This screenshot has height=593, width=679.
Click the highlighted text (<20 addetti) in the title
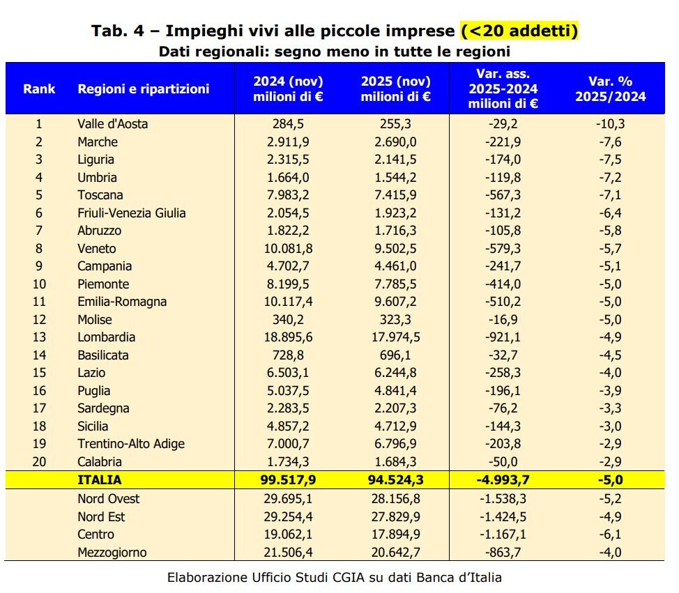pyautogui.click(x=519, y=31)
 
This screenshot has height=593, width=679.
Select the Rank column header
pyautogui.click(x=39, y=89)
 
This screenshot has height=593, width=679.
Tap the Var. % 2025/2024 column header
pyautogui.click(x=610, y=89)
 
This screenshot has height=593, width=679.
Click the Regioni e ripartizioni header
pyautogui.click(x=143, y=89)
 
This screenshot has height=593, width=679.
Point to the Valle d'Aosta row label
pyautogui.click(x=112, y=124)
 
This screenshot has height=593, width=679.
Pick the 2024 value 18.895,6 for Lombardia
pyautogui.click(x=288, y=337)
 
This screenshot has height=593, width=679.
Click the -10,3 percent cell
pyautogui.click(x=610, y=124)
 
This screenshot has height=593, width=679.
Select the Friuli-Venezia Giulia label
pyautogui.click(x=131, y=213)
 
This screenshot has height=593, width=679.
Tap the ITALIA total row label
pyautogui.click(x=99, y=479)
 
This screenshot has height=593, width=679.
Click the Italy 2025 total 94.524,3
pyautogui.click(x=395, y=479)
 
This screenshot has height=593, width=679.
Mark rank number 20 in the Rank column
pyautogui.click(x=39, y=461)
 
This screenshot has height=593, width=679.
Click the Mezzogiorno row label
pyautogui.click(x=112, y=552)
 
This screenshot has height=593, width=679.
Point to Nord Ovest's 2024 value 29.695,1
pyautogui.click(x=288, y=499)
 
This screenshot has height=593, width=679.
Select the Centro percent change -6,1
pyautogui.click(x=610, y=534)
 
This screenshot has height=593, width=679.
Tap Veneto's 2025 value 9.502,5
pyautogui.click(x=395, y=249)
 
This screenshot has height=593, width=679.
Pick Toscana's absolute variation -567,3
pyautogui.click(x=503, y=195)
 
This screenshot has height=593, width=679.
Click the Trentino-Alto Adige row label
pyautogui.click(x=131, y=444)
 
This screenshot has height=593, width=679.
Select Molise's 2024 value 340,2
pyautogui.click(x=288, y=320)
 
